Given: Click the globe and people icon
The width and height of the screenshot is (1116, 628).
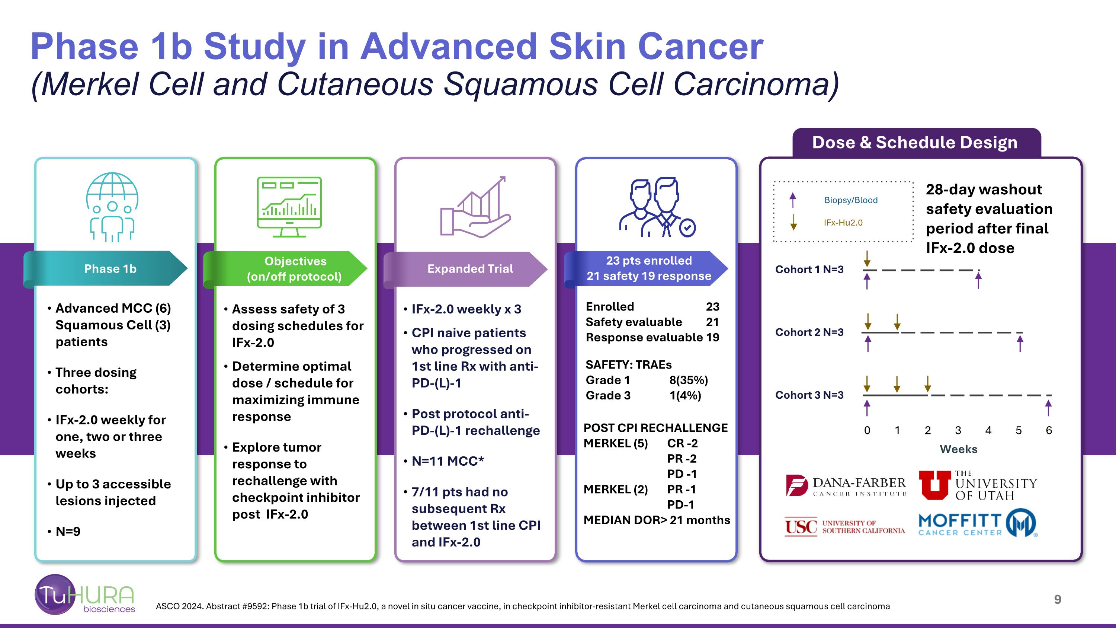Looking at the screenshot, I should pos(112,207).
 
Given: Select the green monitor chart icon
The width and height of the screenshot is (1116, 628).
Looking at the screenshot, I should pos(289,207).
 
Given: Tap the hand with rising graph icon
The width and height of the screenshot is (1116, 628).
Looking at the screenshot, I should pos(475,207).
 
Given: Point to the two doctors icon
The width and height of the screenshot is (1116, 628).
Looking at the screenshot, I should pos(657,207).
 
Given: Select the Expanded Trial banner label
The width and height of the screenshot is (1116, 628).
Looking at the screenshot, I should pos(470,269).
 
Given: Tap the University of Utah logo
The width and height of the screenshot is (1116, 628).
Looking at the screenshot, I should pos(978,485).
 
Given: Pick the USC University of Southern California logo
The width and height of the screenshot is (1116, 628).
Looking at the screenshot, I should pos(844,527).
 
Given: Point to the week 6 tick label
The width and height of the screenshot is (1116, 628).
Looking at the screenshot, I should pos(1049,430).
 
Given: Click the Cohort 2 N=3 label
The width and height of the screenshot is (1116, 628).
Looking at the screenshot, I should pos(809,332).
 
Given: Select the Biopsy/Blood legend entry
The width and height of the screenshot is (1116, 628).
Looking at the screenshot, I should pos(850,200).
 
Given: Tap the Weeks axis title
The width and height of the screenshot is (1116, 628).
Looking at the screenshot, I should pos(958,449).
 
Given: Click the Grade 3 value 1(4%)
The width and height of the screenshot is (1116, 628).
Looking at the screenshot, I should pos(685,395).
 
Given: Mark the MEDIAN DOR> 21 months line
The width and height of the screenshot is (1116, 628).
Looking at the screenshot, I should pos(656,520).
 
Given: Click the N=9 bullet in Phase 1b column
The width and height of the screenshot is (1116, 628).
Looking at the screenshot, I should pos(68,531).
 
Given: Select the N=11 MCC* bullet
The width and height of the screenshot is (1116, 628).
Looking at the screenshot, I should pos(448,461).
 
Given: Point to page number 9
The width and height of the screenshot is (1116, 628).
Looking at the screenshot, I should pos(1058,599).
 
